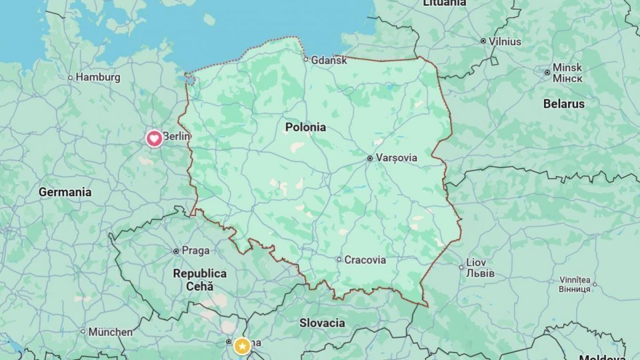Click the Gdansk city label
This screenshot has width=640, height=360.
coord(329,60)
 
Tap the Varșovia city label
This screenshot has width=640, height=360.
coord(397,158)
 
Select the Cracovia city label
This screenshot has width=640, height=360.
coord(365,260)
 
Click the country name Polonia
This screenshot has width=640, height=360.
coord(305,127)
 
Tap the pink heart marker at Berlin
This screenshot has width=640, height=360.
coord(154,139)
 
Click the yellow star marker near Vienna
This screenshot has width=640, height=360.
coord(242,346)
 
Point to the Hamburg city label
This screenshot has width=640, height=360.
coord(97,77)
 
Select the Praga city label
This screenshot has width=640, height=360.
coord(195,251)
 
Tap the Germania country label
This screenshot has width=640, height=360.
coord(65,192)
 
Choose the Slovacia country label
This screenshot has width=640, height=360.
coord(322,323)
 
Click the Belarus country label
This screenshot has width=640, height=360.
coord(563,104)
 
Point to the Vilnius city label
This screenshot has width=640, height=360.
coord(505,41)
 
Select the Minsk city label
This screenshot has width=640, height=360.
coord(567,73)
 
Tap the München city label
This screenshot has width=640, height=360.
coord(110,331)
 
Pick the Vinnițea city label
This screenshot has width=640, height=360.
coord(575,284)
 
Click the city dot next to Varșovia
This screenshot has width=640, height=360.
coord(370,159)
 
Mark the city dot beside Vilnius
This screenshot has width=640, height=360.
coord(483,41)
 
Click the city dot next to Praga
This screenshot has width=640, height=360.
coord(176,251)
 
